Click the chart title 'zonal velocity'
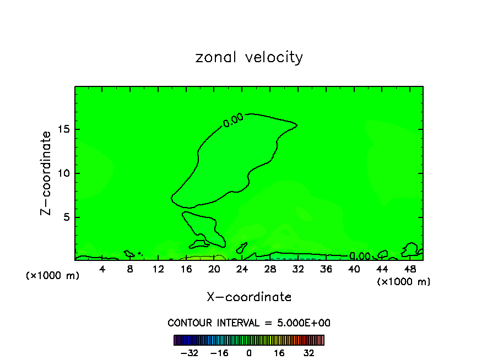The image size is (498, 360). pos(249,57)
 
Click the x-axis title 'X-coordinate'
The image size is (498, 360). pos(249,297)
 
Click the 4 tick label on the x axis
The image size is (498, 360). pos(102,269)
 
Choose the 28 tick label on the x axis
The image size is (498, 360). pos(270,269)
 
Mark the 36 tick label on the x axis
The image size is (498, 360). pos(326,269)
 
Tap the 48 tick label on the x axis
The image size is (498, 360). pos(410,269)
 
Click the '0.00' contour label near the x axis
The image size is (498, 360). pos(360,256)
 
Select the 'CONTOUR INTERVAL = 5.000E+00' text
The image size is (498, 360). pos(249,323)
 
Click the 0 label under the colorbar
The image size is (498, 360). pos(249,353)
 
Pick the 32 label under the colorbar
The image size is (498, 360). pos(308,353)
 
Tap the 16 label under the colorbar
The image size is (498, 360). pos(279,353)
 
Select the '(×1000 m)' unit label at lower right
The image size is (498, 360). pos(404,282)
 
